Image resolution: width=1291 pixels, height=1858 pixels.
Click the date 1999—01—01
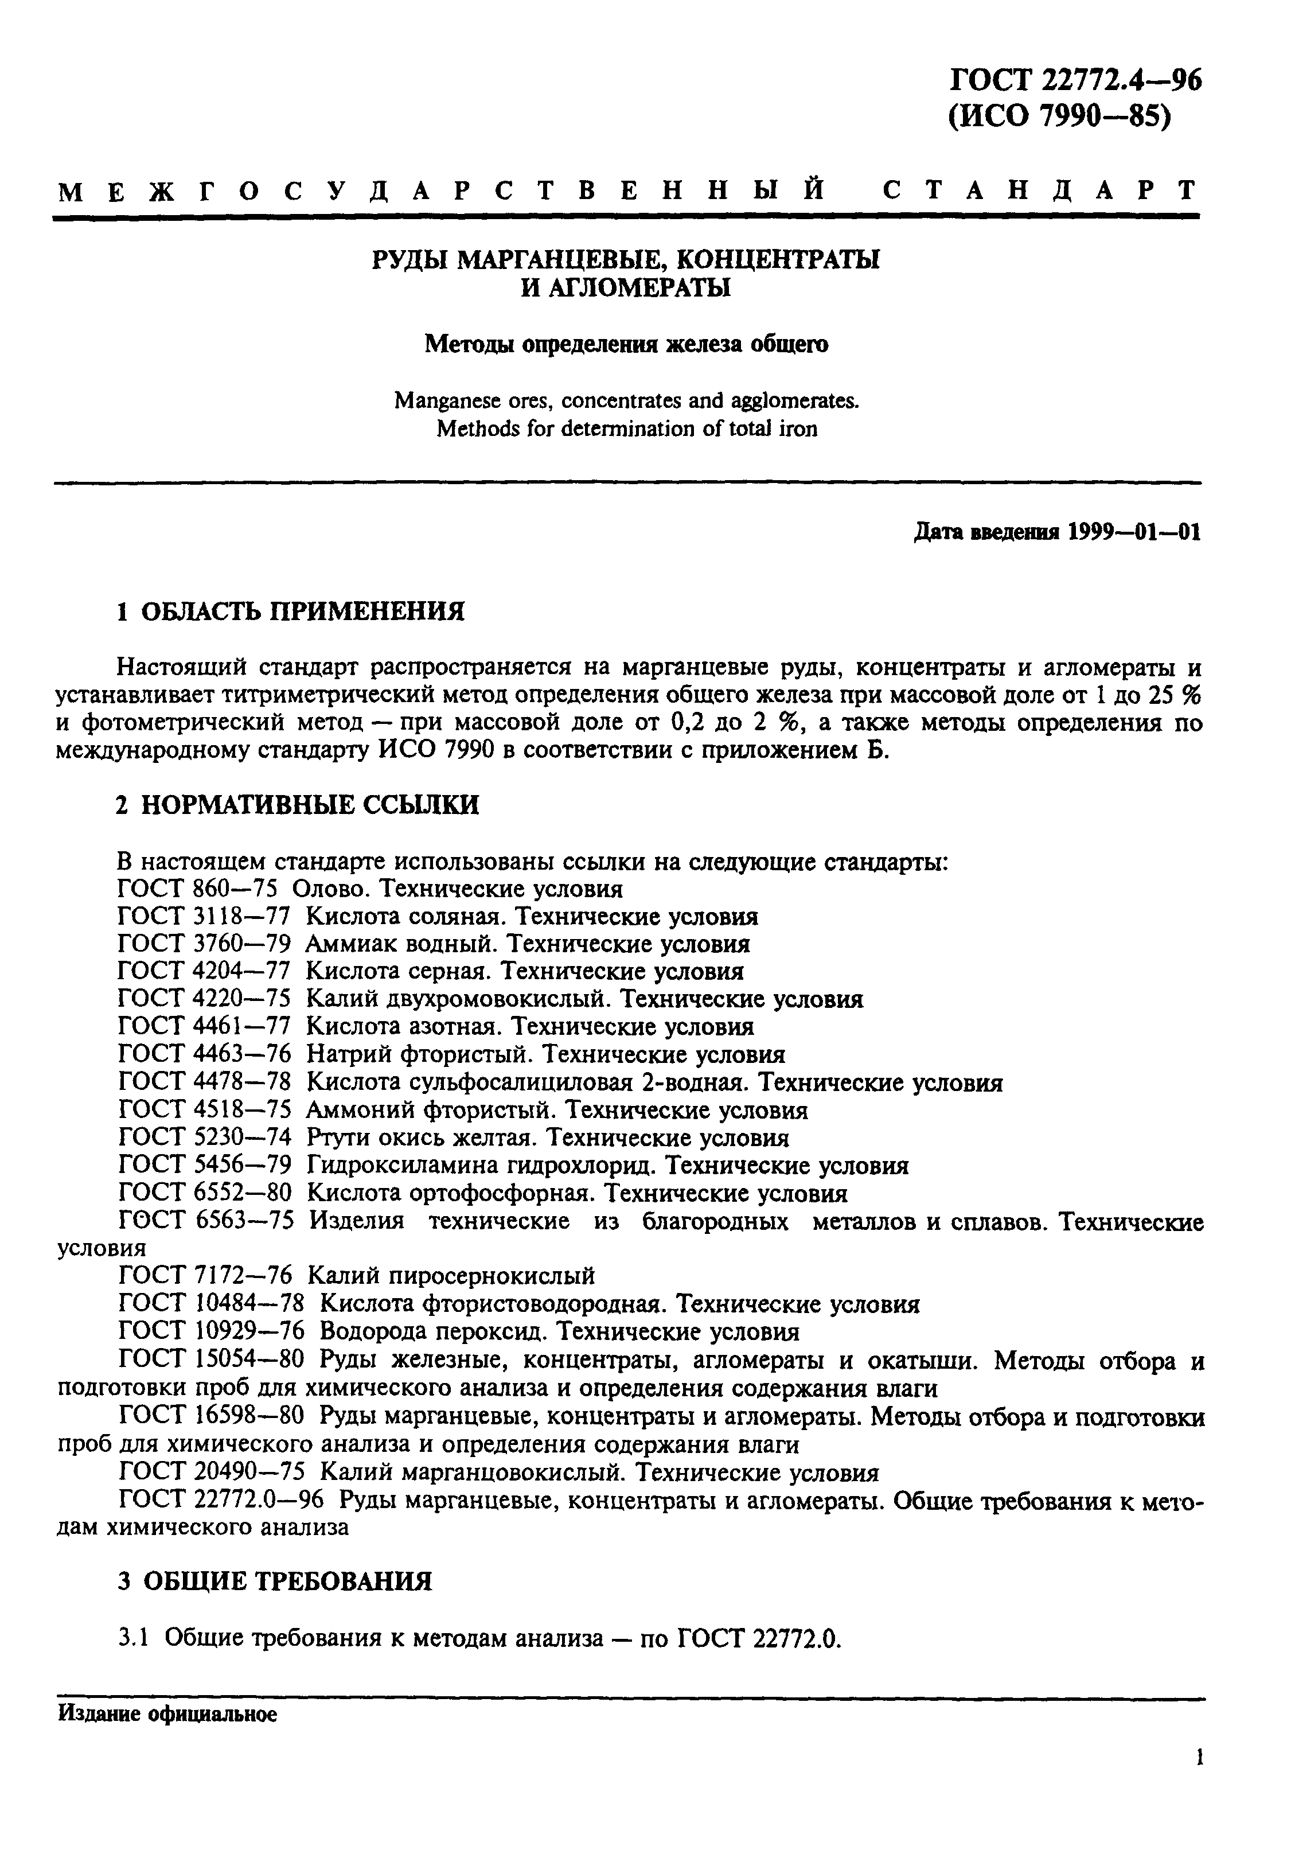click(1134, 532)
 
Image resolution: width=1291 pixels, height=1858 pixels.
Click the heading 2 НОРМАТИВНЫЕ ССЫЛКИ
click(298, 805)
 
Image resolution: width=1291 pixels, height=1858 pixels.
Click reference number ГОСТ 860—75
click(197, 889)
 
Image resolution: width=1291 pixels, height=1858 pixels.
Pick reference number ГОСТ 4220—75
click(204, 999)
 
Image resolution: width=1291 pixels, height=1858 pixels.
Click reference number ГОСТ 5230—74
click(204, 1138)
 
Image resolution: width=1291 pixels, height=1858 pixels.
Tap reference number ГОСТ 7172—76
click(204, 1276)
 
